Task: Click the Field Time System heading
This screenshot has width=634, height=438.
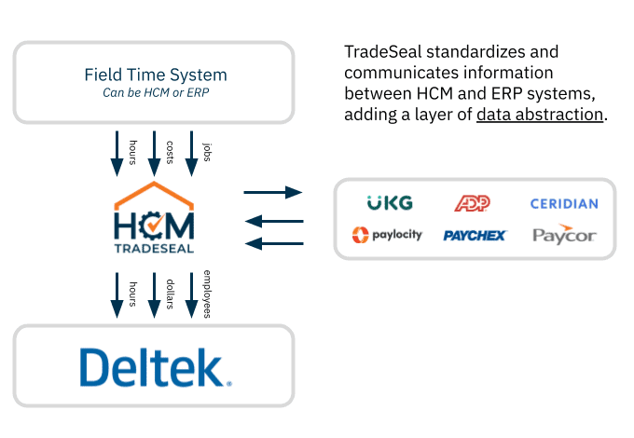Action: (155, 75)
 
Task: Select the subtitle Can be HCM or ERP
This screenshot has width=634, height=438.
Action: (155, 94)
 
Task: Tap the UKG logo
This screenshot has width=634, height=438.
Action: (390, 202)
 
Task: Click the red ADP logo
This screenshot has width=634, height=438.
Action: (472, 202)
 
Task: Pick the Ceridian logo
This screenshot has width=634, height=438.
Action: (564, 203)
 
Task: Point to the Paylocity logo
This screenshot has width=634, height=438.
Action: (387, 234)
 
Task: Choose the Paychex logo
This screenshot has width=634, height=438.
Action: (475, 235)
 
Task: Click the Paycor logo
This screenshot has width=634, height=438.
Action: (564, 234)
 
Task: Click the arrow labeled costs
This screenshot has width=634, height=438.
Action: (155, 153)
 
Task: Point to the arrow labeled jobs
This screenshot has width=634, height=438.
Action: (192, 153)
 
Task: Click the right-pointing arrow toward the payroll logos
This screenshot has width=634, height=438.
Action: (273, 192)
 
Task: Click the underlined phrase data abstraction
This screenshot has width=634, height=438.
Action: (540, 116)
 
